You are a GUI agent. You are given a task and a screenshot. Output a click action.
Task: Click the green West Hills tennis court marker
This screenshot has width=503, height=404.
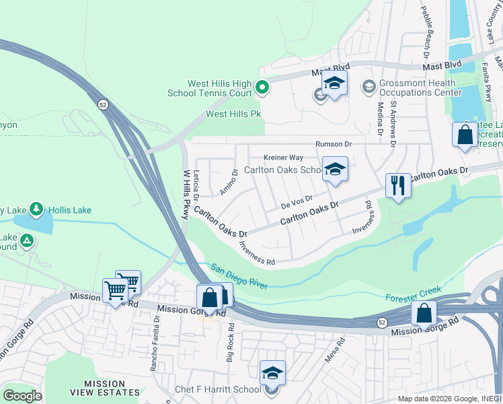[262, 87]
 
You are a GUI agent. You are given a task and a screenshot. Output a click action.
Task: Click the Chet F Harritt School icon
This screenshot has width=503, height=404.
[272, 372]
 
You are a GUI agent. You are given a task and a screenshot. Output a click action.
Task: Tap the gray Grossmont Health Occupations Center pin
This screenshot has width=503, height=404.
[368, 87]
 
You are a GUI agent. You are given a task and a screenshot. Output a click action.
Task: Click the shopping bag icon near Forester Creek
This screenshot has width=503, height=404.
[424, 313]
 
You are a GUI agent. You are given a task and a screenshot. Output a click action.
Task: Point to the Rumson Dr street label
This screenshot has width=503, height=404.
[334, 144]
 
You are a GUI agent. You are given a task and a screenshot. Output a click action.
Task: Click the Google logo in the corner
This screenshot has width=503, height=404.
[22, 395]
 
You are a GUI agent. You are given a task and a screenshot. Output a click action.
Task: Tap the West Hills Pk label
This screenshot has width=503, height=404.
[233, 114]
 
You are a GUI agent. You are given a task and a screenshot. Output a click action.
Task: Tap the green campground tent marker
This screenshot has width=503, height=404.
[26, 240]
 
